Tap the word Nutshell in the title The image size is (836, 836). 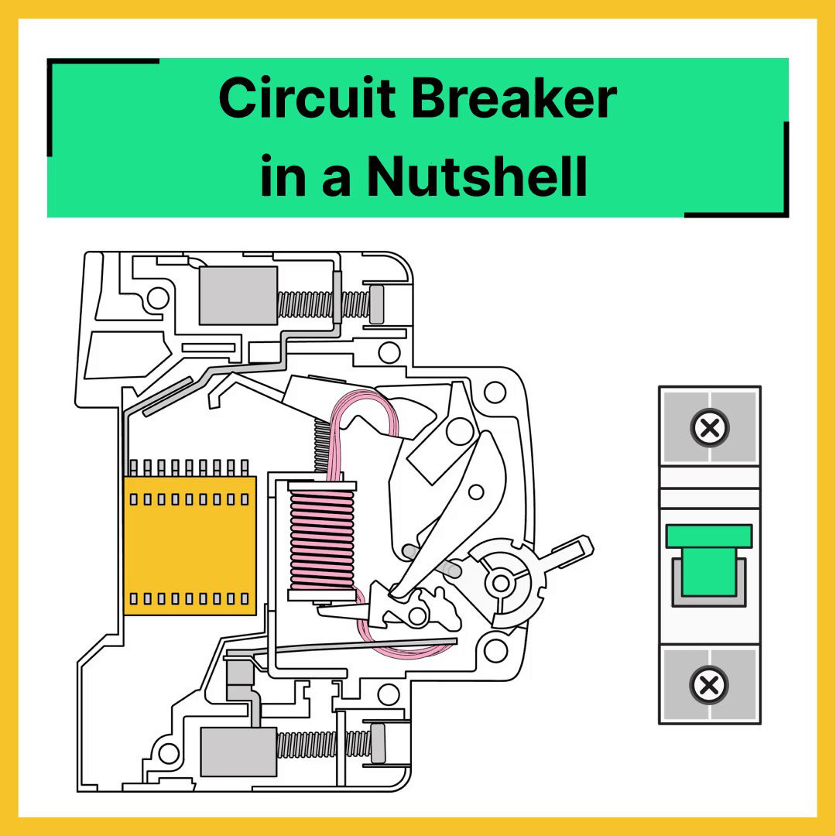[477, 176]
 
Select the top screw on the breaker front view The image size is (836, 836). [710, 427]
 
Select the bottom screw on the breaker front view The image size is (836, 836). [710, 684]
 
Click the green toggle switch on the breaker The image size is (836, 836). [709, 560]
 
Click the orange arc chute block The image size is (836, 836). [190, 546]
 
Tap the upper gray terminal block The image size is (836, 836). [238, 295]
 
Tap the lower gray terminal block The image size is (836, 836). [238, 752]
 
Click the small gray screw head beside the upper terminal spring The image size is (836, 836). [378, 304]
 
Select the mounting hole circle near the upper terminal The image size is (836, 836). [158, 297]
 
